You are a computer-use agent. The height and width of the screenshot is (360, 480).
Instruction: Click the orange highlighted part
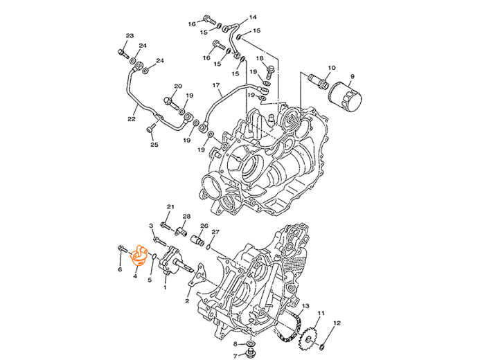tap(139, 255)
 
